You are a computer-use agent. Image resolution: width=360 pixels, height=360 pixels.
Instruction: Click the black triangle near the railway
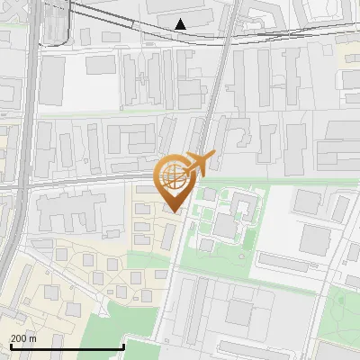(x=182, y=23)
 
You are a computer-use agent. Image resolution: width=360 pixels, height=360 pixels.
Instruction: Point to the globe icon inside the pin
(x=175, y=176)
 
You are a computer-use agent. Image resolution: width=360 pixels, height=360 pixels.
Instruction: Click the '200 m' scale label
(x=23, y=338)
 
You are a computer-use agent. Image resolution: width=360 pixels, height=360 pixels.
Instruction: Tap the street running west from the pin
(x=90, y=179)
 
